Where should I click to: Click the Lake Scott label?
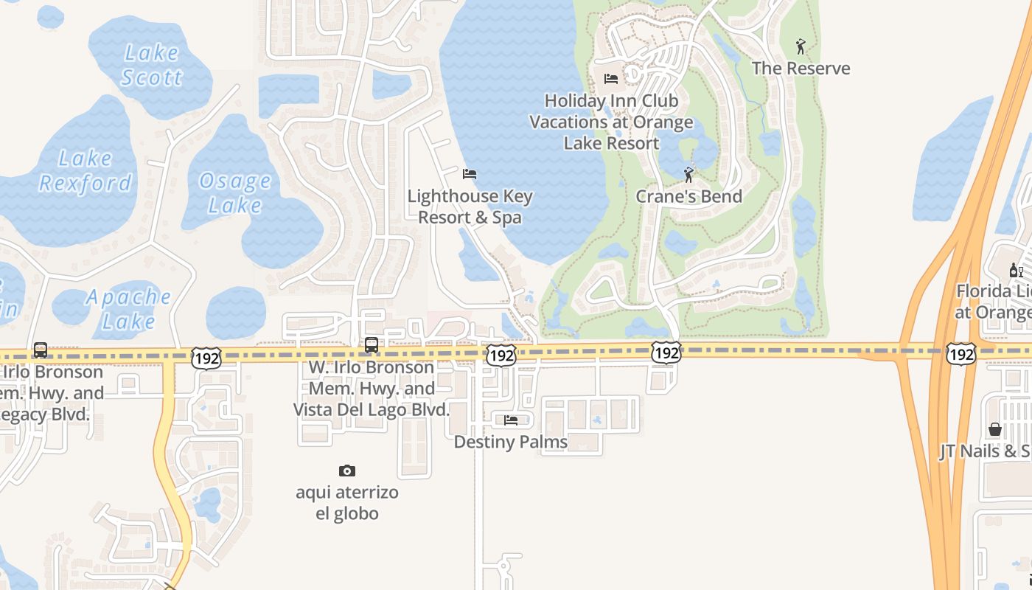151,65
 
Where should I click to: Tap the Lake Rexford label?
86,170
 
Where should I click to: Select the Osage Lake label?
235,192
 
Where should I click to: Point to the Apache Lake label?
129,309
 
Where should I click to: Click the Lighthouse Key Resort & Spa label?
470,206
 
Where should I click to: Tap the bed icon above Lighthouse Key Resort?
470,174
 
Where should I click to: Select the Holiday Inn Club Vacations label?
612,122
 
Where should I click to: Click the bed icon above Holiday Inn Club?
611,78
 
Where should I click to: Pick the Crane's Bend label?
688,197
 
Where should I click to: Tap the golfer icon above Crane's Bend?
688,175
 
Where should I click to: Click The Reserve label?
801,69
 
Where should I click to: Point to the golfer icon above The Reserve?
801,46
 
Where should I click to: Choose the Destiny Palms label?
511,442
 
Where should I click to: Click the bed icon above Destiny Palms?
511,420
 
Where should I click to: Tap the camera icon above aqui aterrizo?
347,471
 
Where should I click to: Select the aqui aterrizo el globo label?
347,503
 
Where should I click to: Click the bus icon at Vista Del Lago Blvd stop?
372,344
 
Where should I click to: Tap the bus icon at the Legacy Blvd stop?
41,350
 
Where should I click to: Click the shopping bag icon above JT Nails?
995,429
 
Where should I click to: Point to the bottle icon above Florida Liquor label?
1016,270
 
